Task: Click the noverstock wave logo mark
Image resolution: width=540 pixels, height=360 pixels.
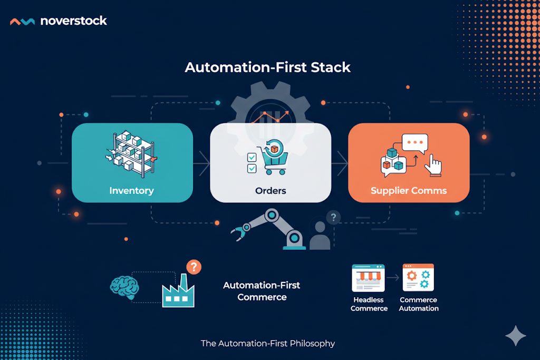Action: [23, 22]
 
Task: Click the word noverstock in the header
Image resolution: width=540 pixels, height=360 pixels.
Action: [73, 21]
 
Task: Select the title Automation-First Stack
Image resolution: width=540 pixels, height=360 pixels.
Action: [267, 67]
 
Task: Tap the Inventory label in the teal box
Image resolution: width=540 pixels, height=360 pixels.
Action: [131, 190]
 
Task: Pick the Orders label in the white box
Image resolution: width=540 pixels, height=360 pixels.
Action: [271, 190]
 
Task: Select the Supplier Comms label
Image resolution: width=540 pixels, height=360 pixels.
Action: [409, 190]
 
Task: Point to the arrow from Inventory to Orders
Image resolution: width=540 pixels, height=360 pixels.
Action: [201, 163]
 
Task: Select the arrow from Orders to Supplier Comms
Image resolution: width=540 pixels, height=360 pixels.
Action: [340, 163]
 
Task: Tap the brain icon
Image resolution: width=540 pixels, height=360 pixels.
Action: [124, 287]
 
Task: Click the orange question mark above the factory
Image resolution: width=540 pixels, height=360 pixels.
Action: [194, 267]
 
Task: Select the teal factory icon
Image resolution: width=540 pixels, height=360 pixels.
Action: [177, 293]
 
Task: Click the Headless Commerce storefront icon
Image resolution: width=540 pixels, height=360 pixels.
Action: [368, 278]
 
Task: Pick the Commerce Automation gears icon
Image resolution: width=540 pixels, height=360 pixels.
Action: [418, 278]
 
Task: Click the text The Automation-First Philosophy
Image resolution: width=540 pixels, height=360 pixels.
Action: [268, 343]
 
